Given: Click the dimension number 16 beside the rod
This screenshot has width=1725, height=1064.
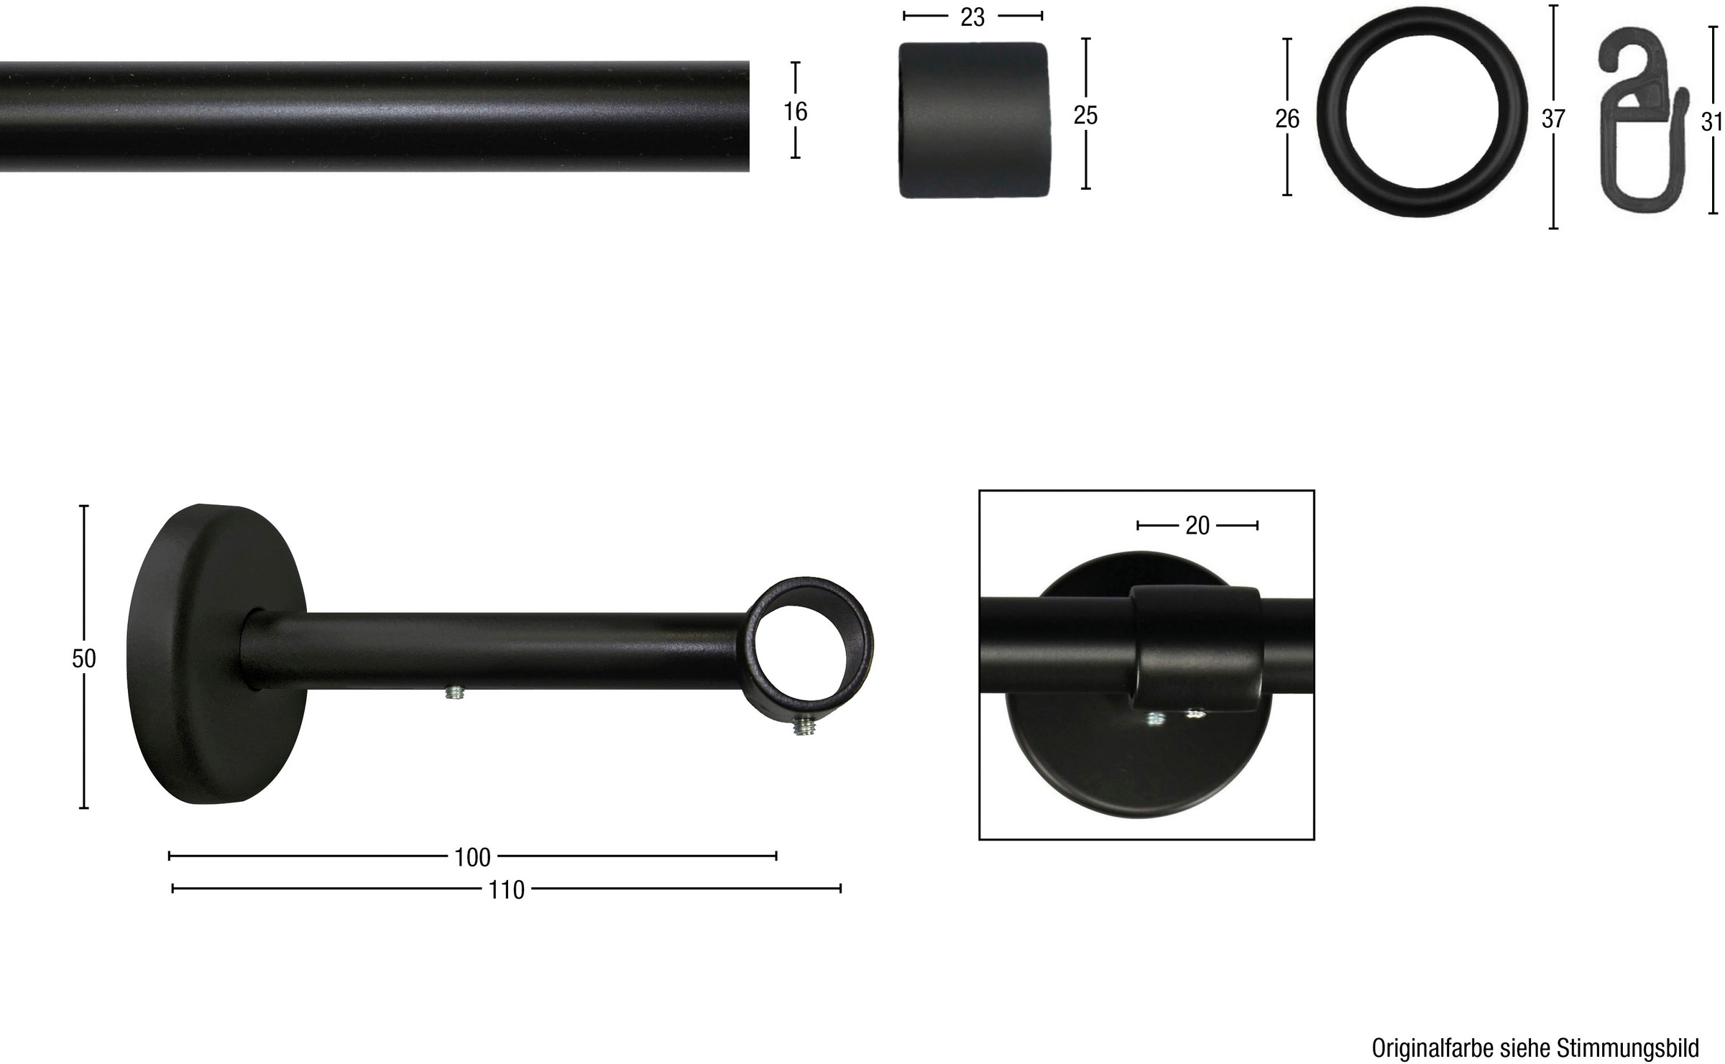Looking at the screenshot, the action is (x=796, y=111).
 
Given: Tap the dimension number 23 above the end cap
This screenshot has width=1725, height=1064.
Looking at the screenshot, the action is (x=972, y=17).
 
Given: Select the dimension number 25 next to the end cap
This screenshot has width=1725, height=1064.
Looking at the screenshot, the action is (x=1085, y=115).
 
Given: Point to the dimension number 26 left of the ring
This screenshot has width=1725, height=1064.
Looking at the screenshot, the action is (x=1287, y=119).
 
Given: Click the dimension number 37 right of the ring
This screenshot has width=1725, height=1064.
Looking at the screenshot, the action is (x=1553, y=119).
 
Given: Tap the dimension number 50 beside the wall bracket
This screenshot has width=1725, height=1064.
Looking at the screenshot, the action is (x=84, y=658).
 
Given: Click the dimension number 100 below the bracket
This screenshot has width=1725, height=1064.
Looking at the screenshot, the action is (x=473, y=857).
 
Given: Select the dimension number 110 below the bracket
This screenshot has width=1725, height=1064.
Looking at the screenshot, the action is (x=507, y=890).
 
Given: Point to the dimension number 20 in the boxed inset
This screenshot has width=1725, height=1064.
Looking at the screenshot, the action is (x=1197, y=526).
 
